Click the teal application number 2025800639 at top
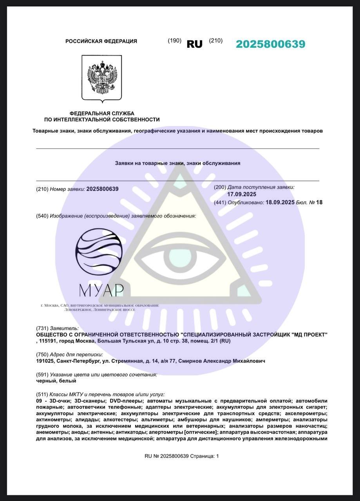(270, 44)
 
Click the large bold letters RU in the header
(194, 44)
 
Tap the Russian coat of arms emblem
(102, 77)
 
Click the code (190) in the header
(174, 40)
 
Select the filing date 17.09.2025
(242, 194)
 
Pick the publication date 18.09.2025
(280, 202)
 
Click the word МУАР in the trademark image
(101, 290)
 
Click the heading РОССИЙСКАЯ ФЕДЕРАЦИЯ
(101, 41)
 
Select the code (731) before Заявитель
(42, 328)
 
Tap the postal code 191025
(45, 361)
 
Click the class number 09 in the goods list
(39, 401)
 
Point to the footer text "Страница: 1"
(204, 456)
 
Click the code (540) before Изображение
(42, 216)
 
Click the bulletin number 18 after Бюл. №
(319, 202)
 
